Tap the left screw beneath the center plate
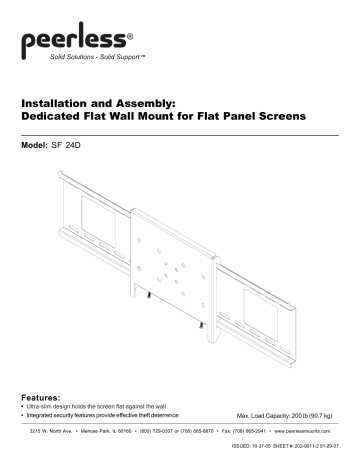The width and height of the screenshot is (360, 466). pos(148,296)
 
